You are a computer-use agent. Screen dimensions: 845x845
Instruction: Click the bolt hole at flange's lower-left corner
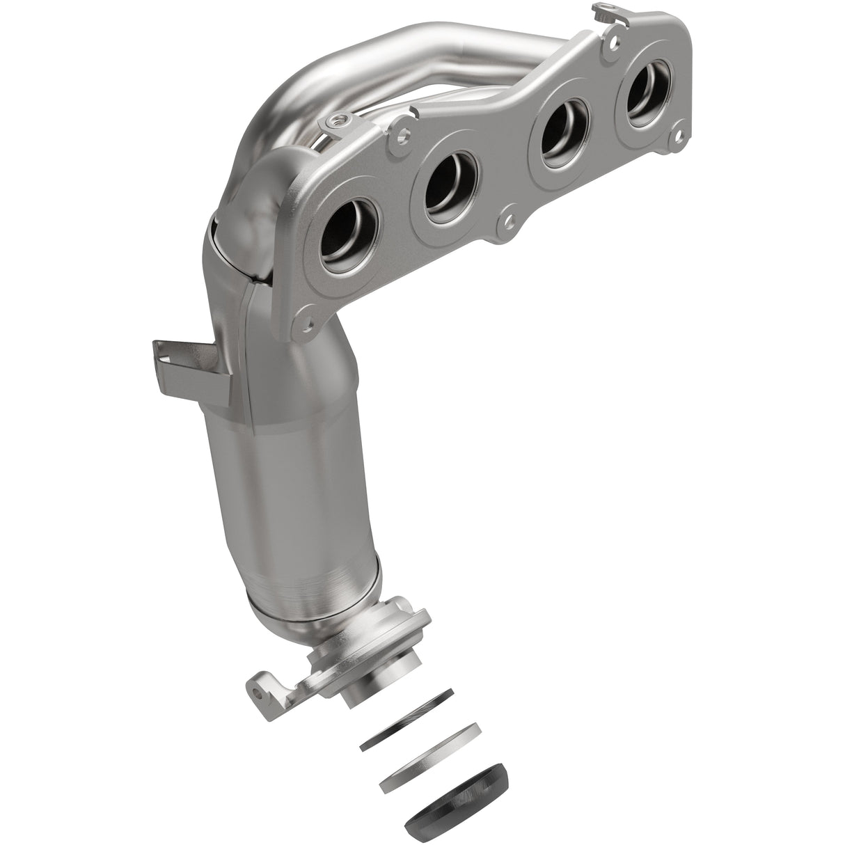[x=301, y=322]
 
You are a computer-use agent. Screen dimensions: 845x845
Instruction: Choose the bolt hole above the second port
[x=402, y=129]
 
